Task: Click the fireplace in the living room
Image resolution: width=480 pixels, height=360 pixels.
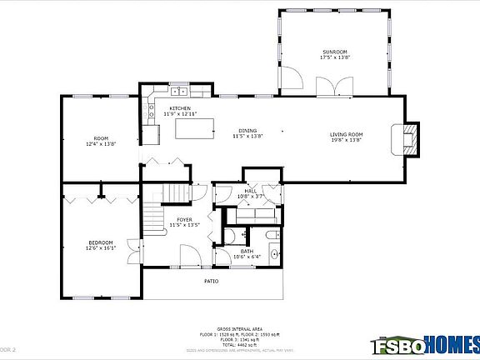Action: click(408, 138)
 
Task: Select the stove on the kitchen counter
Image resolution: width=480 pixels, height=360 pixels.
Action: click(152, 133)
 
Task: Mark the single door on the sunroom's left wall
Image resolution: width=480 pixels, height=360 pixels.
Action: click(290, 81)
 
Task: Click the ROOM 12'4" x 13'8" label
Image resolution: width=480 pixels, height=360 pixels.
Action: click(101, 141)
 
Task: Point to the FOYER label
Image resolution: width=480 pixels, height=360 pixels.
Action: click(183, 222)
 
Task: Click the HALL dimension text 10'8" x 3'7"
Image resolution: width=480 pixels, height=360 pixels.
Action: click(249, 196)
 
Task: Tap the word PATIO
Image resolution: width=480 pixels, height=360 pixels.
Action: click(212, 281)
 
